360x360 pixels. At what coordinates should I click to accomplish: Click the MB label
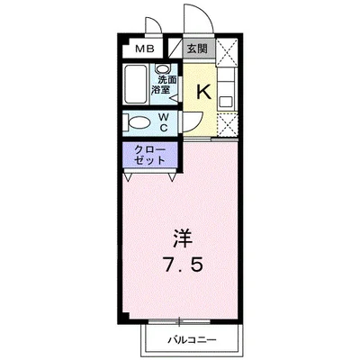click(144, 49)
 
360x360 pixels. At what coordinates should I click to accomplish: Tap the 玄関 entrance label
click(197, 49)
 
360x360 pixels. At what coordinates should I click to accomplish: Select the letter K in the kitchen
click(203, 90)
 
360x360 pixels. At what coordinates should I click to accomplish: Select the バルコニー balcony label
click(190, 339)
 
